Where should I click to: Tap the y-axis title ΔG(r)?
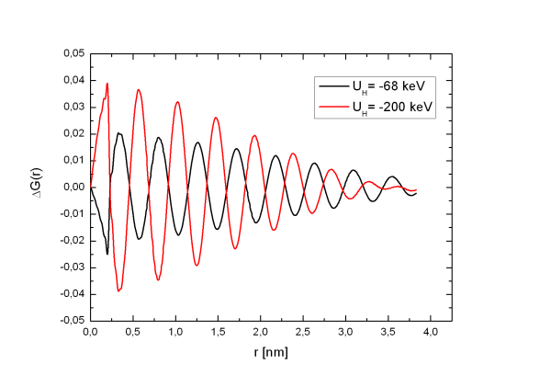point(39,187)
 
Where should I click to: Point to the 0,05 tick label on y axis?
point(72,53)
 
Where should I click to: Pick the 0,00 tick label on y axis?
point(72,188)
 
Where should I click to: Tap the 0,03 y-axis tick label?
point(72,107)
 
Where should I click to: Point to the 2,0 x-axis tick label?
point(263,333)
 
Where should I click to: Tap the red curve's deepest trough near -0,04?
point(118,290)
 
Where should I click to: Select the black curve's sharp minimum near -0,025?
point(107,254)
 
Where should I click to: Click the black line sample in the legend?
point(332,87)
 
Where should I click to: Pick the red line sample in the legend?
point(332,106)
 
